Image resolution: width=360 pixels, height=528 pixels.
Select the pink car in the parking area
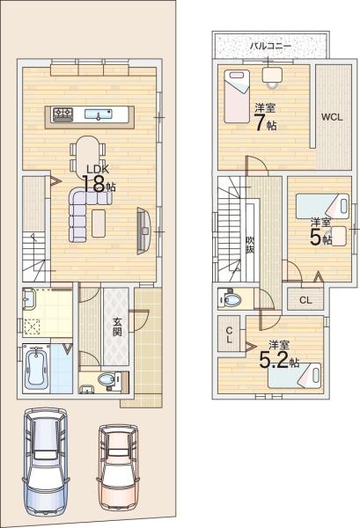(x=117, y=467)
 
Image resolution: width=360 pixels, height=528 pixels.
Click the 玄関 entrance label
(x=117, y=327)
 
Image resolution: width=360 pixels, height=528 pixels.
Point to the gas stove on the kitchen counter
(x=63, y=113)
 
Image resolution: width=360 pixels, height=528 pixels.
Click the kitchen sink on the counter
(x=98, y=113)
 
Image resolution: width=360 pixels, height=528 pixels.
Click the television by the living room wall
(x=143, y=228)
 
